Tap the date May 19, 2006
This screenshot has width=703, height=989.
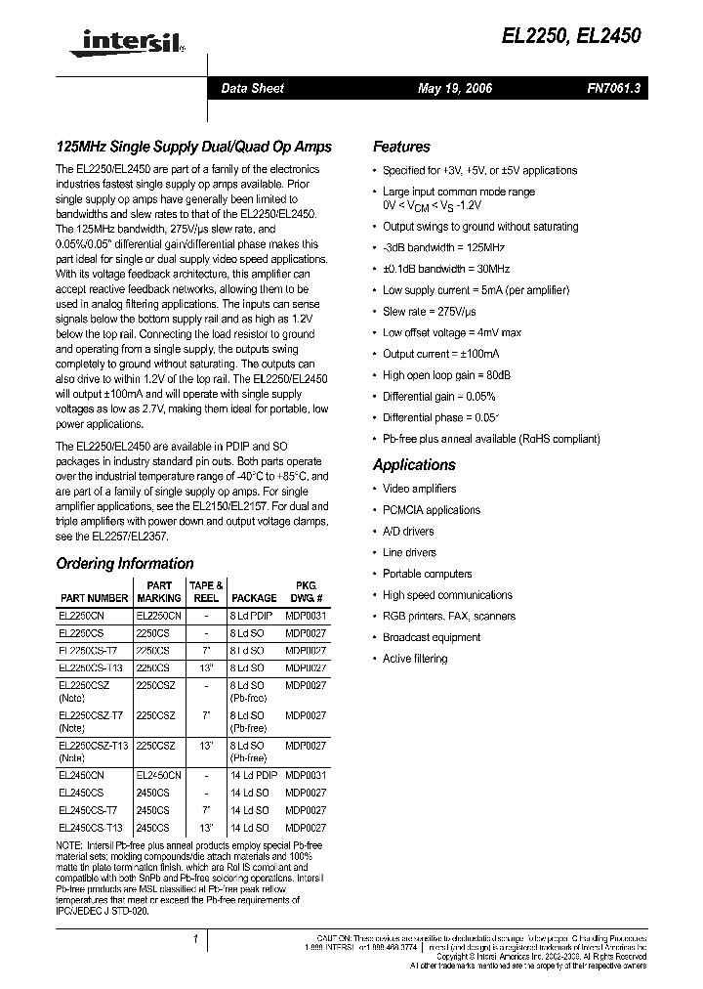click(455, 89)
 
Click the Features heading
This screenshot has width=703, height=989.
click(401, 147)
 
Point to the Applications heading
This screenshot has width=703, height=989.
click(414, 465)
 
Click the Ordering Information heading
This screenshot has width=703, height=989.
click(125, 564)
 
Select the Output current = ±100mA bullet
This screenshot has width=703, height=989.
click(440, 354)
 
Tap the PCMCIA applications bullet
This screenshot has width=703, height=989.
click(432, 510)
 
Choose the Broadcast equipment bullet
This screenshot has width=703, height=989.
click(432, 637)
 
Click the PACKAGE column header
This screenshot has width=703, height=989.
click(254, 598)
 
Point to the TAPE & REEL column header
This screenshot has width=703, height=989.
click(206, 591)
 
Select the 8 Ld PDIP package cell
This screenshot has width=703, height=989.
click(252, 617)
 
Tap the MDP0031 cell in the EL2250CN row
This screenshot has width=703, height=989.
click(306, 617)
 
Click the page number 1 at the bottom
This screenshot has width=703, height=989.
click(196, 939)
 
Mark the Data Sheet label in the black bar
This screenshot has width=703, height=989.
click(252, 89)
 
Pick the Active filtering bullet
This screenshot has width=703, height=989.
click(415, 659)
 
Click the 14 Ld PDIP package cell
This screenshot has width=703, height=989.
click(254, 775)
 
